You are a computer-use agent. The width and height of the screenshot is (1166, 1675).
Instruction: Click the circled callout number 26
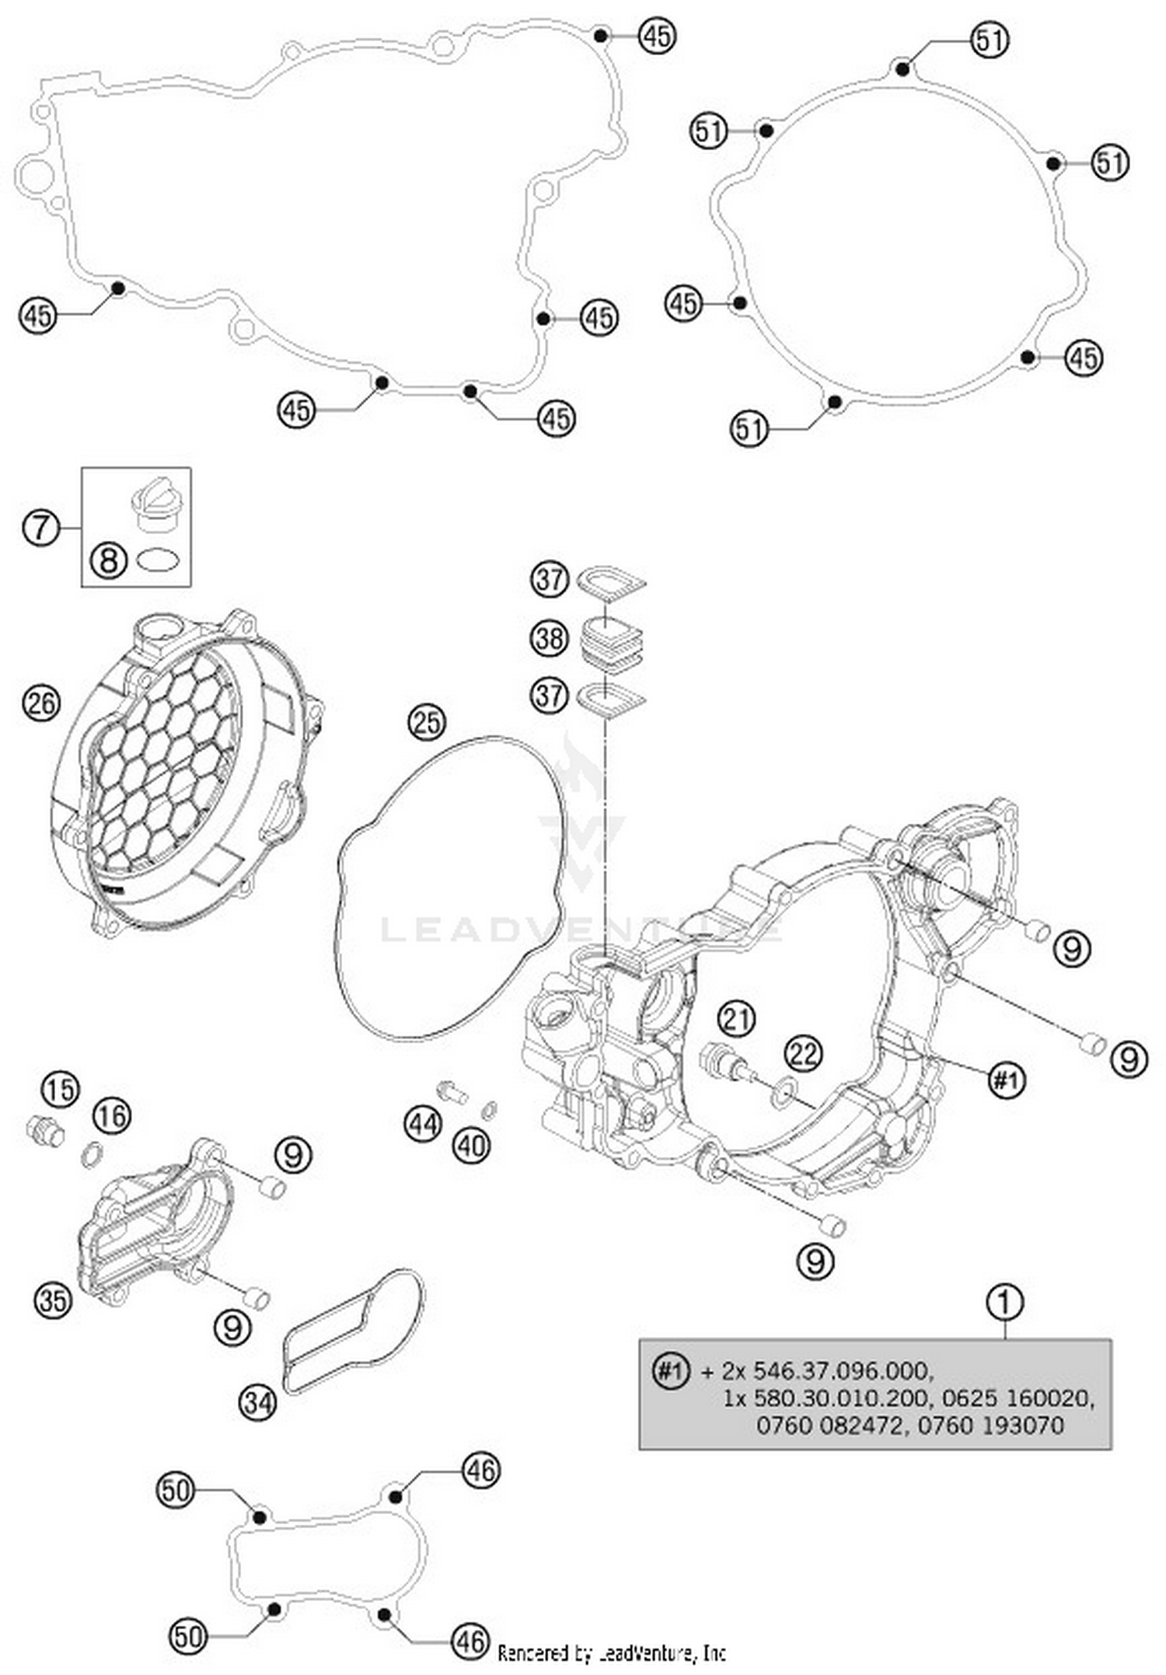click(x=40, y=703)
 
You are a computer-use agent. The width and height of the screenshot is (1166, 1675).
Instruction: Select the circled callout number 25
click(x=426, y=722)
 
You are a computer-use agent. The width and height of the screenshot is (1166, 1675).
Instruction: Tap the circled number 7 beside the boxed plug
click(x=40, y=528)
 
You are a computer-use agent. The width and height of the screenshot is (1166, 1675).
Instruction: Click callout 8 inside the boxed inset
click(x=108, y=559)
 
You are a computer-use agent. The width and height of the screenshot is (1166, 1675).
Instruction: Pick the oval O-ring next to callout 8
click(x=159, y=559)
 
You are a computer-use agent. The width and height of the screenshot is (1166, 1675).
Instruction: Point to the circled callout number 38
click(x=549, y=638)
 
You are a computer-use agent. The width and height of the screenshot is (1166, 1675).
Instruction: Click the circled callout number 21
click(x=736, y=1018)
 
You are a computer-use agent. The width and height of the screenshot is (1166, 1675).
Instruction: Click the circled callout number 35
click(x=53, y=1299)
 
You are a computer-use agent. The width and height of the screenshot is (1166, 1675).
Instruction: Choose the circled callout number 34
click(x=257, y=1402)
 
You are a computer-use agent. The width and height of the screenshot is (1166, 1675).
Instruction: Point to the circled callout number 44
click(x=423, y=1124)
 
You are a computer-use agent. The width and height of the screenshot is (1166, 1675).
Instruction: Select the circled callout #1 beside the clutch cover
click(x=1006, y=1080)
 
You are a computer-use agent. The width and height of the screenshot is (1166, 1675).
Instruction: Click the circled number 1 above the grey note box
click(x=1004, y=1302)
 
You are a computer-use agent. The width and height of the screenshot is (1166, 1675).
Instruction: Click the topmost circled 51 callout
click(x=990, y=39)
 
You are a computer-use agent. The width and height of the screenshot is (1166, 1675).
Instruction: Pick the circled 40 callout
click(x=472, y=1145)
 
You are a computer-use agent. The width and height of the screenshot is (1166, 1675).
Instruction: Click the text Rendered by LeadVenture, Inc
click(x=611, y=1653)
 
